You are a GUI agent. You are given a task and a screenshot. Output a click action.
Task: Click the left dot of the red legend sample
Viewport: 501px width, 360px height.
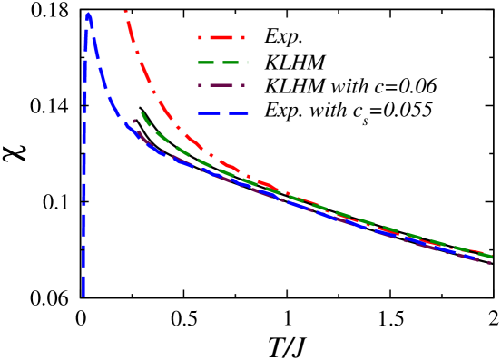pyautogui.click(x=201, y=38)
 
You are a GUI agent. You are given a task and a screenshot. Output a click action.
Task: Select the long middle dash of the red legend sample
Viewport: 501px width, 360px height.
pyautogui.click(x=221, y=38)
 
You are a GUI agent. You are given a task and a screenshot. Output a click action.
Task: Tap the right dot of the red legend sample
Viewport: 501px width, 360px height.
pyautogui.click(x=242, y=38)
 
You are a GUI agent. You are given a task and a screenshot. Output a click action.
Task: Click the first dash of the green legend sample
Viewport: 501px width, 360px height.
pyautogui.click(x=207, y=63)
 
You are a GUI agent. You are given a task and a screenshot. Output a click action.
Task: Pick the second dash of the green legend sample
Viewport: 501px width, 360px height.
pyautogui.click(x=231, y=63)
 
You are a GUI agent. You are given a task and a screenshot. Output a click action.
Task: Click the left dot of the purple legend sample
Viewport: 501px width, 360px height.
pyautogui.click(x=201, y=86)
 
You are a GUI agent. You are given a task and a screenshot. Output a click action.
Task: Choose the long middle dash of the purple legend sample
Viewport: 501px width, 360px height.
pyautogui.click(x=221, y=86)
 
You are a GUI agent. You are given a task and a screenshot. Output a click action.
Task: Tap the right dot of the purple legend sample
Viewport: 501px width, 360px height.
pyautogui.click(x=242, y=86)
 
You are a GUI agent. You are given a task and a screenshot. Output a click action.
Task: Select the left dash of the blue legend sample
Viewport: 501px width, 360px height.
pyautogui.click(x=209, y=113)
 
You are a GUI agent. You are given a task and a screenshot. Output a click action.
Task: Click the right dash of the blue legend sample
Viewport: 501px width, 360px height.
pyautogui.click(x=238, y=113)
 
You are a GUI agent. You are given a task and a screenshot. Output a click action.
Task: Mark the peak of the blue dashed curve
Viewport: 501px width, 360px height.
pyautogui.click(x=88, y=14)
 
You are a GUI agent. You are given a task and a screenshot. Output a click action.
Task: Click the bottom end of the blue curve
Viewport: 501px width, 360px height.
pyautogui.click(x=83, y=295)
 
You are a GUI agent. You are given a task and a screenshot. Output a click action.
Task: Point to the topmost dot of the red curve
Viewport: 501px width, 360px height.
pyautogui.click(x=125, y=11)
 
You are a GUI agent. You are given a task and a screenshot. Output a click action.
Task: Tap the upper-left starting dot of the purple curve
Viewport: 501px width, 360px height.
pyautogui.click(x=134, y=121)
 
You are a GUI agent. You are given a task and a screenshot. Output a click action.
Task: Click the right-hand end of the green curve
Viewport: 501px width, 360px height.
pyautogui.click(x=491, y=257)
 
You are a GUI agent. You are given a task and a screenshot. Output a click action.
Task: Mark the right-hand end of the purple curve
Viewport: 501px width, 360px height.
pyautogui.click(x=490, y=262)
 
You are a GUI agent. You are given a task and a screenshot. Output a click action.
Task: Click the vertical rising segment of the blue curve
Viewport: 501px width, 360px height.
pyautogui.click(x=83, y=181)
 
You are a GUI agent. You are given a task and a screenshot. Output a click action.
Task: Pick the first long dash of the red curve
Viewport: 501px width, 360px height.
pyautogui.click(x=133, y=34)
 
